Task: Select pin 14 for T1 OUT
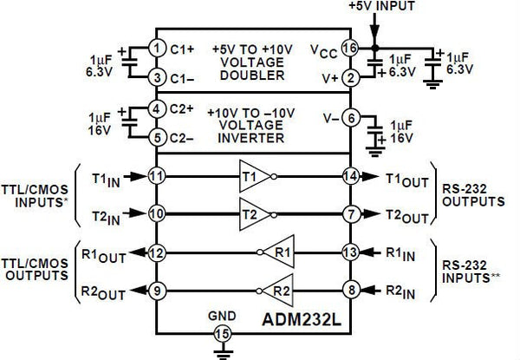click(x=349, y=173)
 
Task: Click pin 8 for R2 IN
click(x=349, y=291)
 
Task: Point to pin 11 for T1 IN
click(x=156, y=173)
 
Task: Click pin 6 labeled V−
click(x=349, y=116)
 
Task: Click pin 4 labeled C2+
click(x=156, y=110)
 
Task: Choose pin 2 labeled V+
click(x=349, y=78)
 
